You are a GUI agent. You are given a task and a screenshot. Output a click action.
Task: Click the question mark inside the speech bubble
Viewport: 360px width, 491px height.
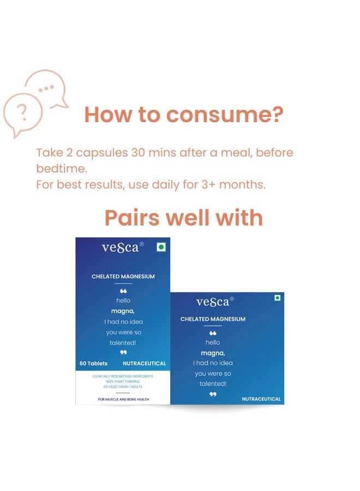[22, 113]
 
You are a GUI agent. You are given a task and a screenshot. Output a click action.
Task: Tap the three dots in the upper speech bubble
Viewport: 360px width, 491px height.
[46, 89]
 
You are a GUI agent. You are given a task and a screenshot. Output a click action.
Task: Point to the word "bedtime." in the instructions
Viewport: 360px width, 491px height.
[62, 169]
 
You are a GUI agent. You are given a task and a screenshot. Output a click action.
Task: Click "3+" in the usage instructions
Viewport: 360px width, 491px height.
[208, 184]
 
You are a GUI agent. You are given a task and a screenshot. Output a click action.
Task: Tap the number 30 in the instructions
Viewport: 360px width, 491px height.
[138, 153]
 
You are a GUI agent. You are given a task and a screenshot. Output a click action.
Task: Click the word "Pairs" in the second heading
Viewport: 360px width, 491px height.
[132, 218]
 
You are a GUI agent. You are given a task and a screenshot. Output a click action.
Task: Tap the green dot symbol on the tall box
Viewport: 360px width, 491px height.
[161, 247]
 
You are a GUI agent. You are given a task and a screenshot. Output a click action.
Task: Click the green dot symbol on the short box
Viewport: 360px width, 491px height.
[277, 298]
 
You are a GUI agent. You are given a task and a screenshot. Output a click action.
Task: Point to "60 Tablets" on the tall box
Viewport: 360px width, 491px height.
[93, 363]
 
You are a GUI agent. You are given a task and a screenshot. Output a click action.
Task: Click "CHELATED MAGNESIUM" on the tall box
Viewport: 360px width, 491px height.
[123, 277]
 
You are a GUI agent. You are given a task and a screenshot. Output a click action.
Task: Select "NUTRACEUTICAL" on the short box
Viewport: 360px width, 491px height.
[261, 399]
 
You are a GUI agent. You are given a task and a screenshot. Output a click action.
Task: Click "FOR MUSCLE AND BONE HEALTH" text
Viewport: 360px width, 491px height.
[123, 399]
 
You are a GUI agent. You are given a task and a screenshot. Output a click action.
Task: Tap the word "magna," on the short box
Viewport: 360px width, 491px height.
[213, 353]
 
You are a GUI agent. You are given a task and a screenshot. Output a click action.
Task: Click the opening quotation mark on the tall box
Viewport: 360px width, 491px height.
[123, 291]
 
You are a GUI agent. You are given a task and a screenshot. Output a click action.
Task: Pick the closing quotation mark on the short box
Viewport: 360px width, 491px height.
[213, 394]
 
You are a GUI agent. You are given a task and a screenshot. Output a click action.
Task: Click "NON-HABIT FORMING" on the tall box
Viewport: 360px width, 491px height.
[123, 381]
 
